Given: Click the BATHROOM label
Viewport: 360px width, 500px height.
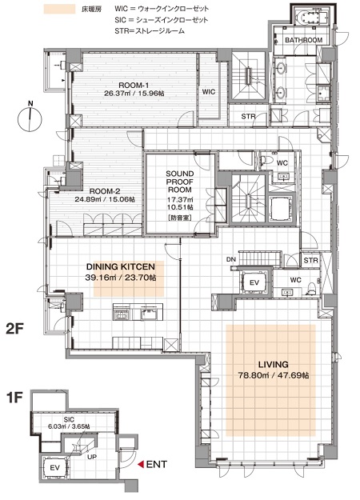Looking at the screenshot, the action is (x=303, y=40).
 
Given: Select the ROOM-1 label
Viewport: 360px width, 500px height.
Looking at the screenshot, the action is (x=134, y=86).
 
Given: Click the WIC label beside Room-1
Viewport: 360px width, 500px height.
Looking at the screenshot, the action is (x=209, y=92).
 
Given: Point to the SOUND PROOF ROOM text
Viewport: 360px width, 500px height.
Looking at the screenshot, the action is (x=180, y=182).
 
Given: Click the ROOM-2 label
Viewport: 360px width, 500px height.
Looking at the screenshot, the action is (x=105, y=191).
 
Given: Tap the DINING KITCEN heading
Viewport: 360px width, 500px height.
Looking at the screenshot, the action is (x=121, y=266).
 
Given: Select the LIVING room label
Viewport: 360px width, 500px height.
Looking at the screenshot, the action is (x=274, y=364).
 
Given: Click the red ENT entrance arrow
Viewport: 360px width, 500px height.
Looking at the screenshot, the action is (x=140, y=465).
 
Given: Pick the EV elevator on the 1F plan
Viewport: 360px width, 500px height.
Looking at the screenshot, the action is (x=55, y=468).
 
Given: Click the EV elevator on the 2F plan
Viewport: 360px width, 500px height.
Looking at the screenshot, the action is (x=254, y=282).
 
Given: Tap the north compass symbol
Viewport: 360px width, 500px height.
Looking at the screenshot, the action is (x=30, y=118).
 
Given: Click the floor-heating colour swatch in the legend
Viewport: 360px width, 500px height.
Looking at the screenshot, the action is (x=60, y=9).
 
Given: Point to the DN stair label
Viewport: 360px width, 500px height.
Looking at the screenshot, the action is (x=231, y=259).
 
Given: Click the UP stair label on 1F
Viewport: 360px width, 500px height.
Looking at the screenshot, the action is (x=92, y=457).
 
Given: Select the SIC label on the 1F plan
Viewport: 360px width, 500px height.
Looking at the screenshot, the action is (x=69, y=419).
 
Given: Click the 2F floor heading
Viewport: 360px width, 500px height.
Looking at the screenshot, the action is (x=14, y=330).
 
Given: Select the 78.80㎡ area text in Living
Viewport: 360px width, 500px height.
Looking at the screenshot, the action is (x=254, y=375).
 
